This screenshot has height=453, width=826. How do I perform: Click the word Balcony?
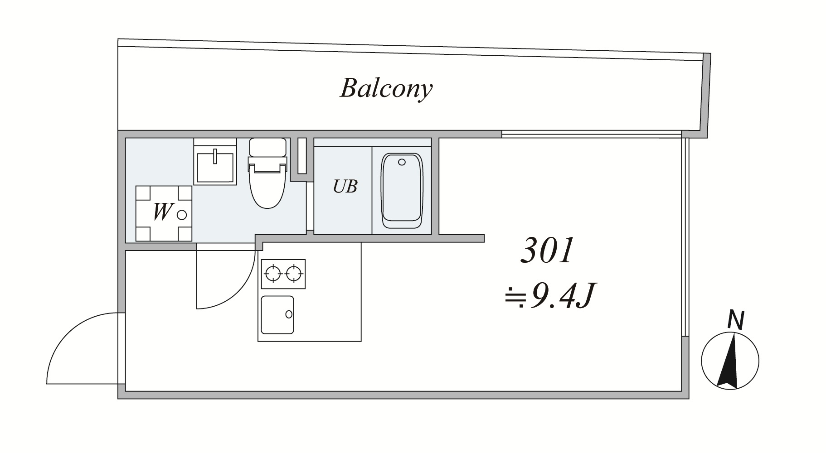[386, 88]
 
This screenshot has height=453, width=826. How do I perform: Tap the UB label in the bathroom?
[345, 186]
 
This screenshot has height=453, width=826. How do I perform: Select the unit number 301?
[547, 251]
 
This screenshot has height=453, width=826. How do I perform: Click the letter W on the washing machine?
[162, 212]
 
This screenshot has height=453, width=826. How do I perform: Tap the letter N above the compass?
[735, 320]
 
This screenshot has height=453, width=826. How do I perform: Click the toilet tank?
[267, 147]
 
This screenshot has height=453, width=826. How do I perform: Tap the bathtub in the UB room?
[402, 190]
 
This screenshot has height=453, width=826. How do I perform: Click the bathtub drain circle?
[402, 162]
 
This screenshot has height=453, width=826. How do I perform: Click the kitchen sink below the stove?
[277, 315]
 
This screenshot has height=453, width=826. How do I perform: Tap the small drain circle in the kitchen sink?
[288, 314]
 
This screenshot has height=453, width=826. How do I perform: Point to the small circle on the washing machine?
[182, 214]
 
